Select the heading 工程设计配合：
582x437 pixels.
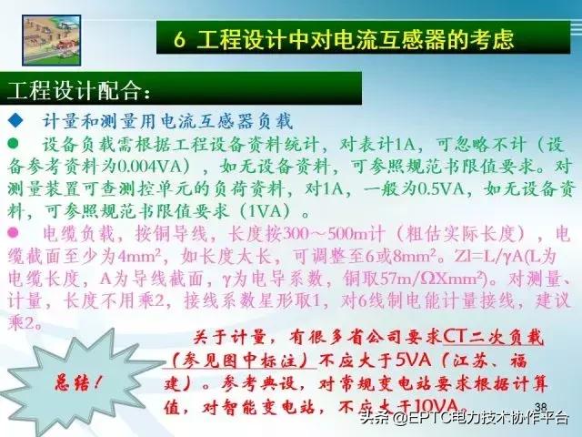pos(78,92)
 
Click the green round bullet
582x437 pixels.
pos(15,144)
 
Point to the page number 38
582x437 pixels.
pos(542,406)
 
